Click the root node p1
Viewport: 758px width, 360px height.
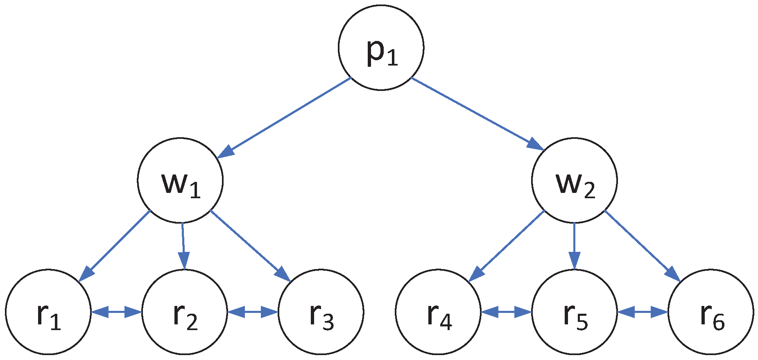coord(381,48)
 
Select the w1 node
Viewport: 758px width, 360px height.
coord(180,180)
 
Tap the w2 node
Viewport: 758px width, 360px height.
coord(574,180)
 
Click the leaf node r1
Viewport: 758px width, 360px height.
coord(48,312)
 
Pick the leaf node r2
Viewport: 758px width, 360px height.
coord(185,312)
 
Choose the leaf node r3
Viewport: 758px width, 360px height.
coord(321,312)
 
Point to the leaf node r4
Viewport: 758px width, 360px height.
coord(438,312)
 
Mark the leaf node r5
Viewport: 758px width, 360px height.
coord(574,312)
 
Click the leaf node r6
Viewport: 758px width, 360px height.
coord(710,312)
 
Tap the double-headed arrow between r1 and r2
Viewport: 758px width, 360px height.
coord(116,312)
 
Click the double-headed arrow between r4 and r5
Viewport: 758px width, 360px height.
coord(506,312)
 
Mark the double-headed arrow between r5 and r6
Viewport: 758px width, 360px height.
coord(643,312)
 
